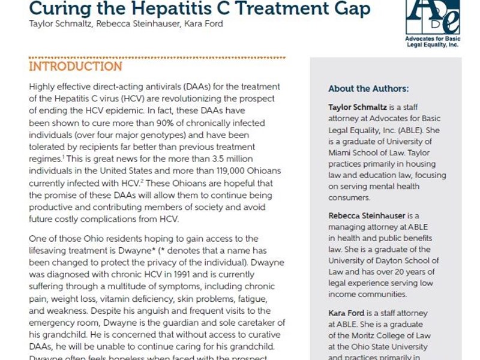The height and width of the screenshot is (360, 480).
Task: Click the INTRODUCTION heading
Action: [x=76, y=66]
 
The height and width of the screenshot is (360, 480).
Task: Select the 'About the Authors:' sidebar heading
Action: [x=368, y=89]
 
